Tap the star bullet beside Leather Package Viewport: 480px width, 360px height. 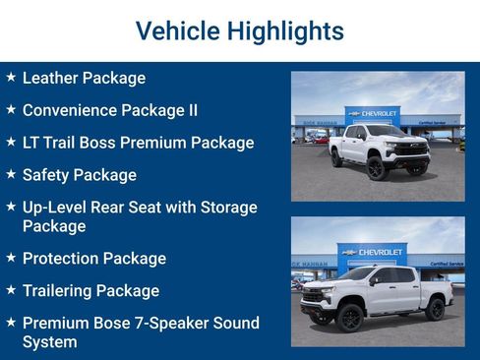[10, 77]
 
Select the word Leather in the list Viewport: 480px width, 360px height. [51, 78]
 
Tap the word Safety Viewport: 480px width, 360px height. [48, 175]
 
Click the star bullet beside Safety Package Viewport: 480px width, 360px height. [10, 174]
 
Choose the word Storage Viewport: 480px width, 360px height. [224, 208]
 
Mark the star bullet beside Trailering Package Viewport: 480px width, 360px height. [10, 290]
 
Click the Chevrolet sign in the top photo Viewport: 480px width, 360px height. [375, 114]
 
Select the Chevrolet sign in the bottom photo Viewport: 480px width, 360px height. [373, 252]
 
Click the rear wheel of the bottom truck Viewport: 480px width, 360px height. [435, 309]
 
